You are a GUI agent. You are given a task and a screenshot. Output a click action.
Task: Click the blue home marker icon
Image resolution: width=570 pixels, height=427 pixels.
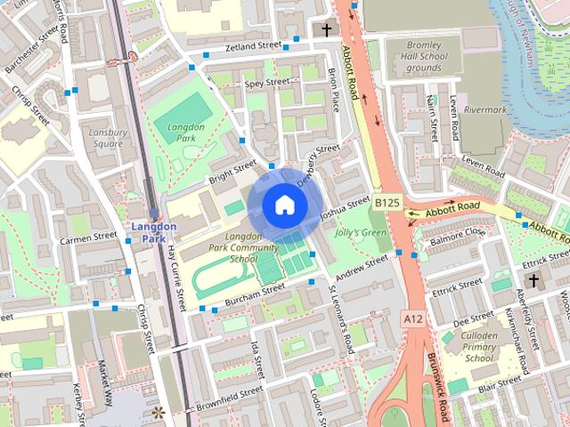283,205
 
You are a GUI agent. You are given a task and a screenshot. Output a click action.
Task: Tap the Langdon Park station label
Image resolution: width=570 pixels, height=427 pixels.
153,232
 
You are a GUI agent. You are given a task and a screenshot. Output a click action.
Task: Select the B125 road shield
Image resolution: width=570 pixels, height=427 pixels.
387,204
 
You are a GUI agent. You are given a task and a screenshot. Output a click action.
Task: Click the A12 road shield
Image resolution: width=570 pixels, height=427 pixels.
411,318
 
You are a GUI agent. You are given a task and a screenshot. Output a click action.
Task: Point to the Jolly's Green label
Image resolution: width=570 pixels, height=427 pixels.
362,233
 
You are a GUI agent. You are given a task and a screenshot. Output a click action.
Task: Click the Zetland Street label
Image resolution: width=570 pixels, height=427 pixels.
253,45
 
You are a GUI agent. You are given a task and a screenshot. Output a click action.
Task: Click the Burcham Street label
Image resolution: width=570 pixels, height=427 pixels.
255,291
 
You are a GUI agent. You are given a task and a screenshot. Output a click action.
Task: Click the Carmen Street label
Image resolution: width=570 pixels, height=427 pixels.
88,238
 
